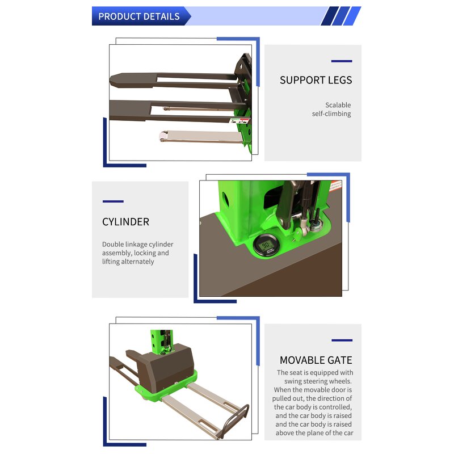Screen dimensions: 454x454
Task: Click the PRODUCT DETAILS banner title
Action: tap(138, 16)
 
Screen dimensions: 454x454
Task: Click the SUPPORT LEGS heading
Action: tap(316, 80)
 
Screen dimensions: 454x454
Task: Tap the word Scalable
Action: tap(338, 105)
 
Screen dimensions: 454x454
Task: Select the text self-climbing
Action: tap(331, 113)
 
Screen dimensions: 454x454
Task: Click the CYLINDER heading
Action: tap(125, 222)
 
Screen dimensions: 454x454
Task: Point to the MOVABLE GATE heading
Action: tap(316, 360)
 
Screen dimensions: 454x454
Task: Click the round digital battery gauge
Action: tap(266, 246)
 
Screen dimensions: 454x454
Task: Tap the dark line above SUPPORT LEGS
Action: tap(341, 61)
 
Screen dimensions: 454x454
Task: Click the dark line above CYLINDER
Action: tap(113, 201)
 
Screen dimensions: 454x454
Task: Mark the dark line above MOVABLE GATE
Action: tap(342, 340)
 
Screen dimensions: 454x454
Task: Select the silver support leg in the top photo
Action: tap(199, 137)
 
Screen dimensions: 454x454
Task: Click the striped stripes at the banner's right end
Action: tap(340, 16)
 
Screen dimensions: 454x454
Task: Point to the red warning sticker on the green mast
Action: tap(335, 186)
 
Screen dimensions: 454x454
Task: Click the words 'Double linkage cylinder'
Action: tap(137, 245)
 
